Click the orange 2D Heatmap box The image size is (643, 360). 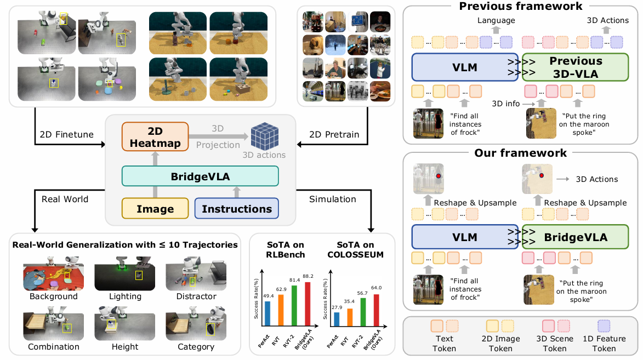[x=154, y=136]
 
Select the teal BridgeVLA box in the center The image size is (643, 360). [x=200, y=176]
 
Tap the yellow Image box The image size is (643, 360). [x=155, y=209]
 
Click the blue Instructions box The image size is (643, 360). [x=237, y=209]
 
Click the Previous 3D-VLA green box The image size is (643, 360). [x=575, y=67]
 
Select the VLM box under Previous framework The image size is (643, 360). [x=465, y=67]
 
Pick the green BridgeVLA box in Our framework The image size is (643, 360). [x=575, y=237]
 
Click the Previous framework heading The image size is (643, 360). [x=520, y=7]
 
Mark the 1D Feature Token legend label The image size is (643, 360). [x=604, y=343]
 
